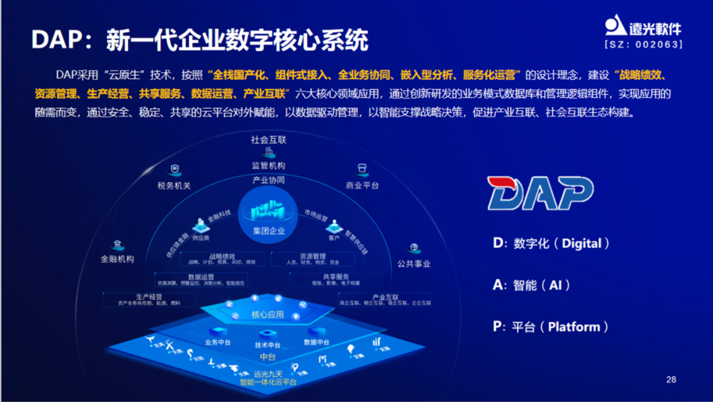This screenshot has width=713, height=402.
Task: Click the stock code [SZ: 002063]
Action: pos(644,44)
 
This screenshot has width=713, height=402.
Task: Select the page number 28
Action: pos(671,380)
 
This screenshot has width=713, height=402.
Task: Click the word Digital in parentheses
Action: pos(582,243)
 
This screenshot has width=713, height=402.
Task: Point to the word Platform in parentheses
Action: pos(574,327)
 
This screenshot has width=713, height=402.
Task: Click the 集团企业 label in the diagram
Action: pos(269,231)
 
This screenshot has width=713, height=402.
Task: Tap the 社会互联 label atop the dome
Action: pos(269,140)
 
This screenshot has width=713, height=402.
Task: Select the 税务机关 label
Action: pos(174,186)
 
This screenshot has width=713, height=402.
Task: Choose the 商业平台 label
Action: pos(362,186)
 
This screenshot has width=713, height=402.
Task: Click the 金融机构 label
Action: pos(118,259)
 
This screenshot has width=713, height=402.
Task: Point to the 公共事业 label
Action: pos(414,264)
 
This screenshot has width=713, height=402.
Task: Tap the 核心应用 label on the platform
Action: pos(268,315)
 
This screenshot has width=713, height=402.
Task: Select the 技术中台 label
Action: pos(268,345)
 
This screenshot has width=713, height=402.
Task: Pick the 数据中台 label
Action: pos(317,342)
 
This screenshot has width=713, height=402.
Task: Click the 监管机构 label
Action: pos(269,166)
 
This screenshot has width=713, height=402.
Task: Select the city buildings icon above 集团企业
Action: pos(269,211)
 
